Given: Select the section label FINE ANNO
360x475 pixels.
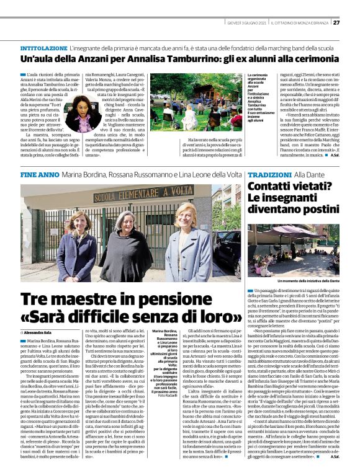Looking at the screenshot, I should tap(39, 175).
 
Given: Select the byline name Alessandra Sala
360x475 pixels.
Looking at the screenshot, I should tap(40, 333).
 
